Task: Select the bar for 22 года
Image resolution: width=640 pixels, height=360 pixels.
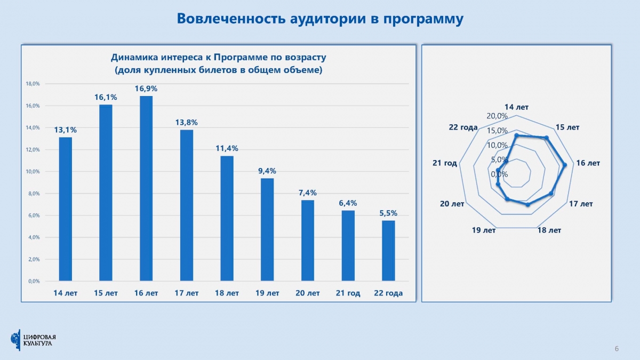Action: (x=389, y=250)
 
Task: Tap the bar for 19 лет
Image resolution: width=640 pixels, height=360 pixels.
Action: (x=267, y=229)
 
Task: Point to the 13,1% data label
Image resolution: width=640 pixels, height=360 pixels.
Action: (x=65, y=130)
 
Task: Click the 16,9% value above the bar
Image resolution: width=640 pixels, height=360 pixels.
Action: (x=146, y=89)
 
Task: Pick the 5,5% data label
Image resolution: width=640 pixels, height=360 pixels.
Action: (x=389, y=213)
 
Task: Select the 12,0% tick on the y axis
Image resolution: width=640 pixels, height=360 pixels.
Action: (x=33, y=150)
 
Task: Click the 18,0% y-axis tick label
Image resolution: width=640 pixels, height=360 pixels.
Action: (x=33, y=84)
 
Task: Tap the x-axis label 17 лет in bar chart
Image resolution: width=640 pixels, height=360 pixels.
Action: (x=187, y=293)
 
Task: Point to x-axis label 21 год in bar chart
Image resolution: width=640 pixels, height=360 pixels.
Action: (x=348, y=293)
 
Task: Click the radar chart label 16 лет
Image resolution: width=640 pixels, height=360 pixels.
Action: (x=588, y=163)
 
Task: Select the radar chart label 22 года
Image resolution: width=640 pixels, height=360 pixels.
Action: (x=463, y=127)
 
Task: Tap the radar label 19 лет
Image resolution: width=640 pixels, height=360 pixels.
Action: (x=484, y=230)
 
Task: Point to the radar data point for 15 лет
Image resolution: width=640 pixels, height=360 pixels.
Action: (x=546, y=138)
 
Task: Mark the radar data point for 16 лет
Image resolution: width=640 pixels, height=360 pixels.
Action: (x=565, y=165)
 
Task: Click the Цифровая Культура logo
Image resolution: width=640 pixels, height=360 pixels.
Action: (x=33, y=340)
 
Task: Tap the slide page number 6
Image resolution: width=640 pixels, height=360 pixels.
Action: (x=617, y=349)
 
